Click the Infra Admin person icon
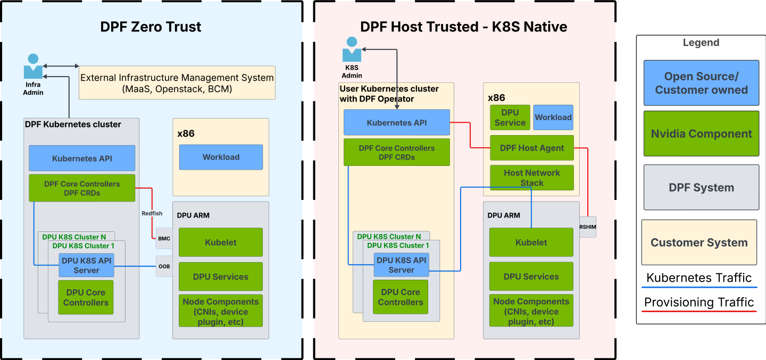tap(33, 67)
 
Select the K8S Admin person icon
tap(352, 49)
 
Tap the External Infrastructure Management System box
tap(177, 83)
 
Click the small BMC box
tap(164, 239)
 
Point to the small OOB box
tap(164, 266)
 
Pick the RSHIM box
tap(588, 227)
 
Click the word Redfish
tap(152, 213)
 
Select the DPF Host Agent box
tap(531, 148)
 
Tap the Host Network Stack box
tap(531, 178)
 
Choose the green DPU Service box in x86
tap(510, 118)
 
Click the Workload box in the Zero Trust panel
tap(221, 157)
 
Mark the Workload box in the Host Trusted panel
tap(553, 118)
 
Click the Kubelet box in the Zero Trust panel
tap(221, 242)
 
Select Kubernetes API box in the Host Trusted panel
tap(396, 122)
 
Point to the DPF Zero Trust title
tap(151, 27)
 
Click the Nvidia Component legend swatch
tap(701, 133)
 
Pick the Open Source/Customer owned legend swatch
tap(701, 83)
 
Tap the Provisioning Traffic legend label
tap(699, 303)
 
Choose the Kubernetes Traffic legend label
tap(699, 278)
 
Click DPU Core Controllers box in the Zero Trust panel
tap(86, 297)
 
